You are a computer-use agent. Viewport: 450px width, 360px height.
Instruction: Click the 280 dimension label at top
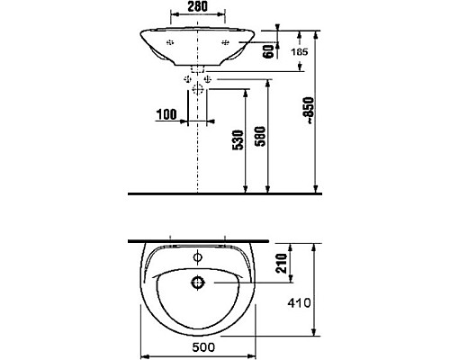point(197,6)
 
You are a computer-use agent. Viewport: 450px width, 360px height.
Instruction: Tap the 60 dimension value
point(268,51)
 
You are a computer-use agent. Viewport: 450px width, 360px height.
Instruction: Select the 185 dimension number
point(300,52)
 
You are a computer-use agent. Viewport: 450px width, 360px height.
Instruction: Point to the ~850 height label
point(309,110)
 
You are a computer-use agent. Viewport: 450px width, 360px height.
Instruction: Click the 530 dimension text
point(238,139)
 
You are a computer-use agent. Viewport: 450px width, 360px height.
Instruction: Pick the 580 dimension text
point(260,136)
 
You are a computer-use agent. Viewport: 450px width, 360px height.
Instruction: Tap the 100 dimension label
point(166,114)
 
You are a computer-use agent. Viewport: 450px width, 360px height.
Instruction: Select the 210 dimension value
point(282,263)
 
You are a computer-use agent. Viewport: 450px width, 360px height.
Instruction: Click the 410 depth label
point(299,303)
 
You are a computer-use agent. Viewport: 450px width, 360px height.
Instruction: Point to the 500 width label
point(203,347)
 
